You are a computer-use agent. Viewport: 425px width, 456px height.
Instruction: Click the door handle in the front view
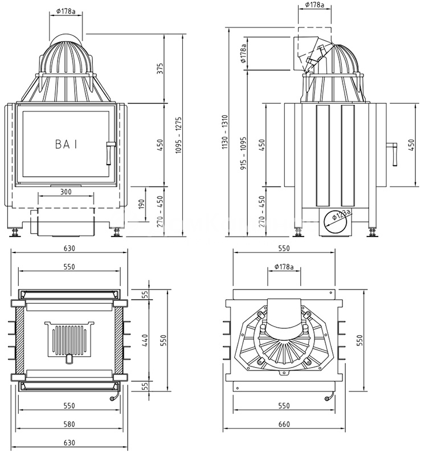click(x=109, y=150)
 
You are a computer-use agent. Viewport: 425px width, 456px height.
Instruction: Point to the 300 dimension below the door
click(x=66, y=192)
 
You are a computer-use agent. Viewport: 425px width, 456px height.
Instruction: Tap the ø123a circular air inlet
click(x=336, y=219)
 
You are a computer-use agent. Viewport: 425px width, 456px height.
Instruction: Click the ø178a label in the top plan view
click(x=283, y=266)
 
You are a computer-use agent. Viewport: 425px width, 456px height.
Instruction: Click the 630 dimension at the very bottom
click(x=69, y=443)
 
